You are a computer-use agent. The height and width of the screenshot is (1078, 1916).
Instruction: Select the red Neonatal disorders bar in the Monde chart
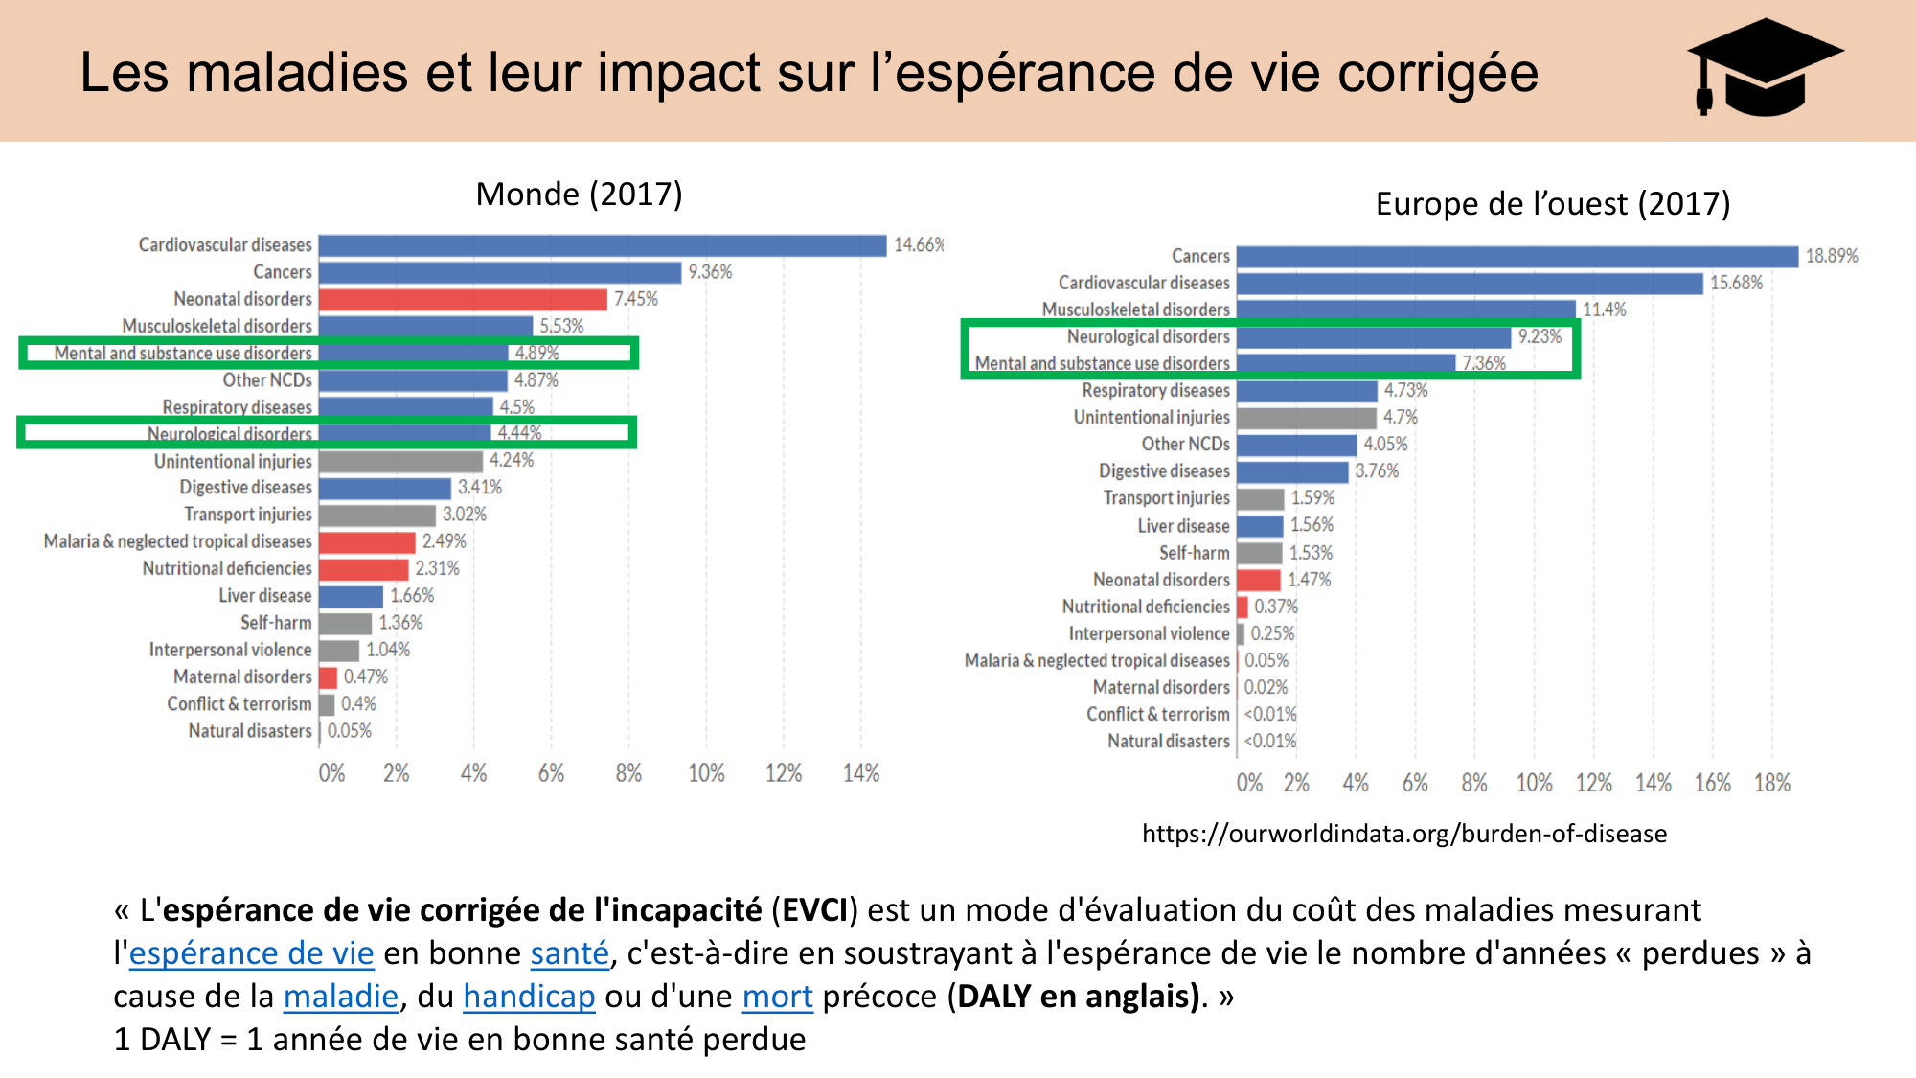click(463, 299)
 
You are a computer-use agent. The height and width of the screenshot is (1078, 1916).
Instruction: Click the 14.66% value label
click(917, 245)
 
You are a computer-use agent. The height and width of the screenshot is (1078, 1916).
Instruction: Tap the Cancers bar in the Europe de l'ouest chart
click(1517, 256)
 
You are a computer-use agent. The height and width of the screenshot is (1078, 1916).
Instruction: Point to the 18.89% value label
click(1831, 256)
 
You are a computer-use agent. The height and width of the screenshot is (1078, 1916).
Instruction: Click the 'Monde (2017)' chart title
click(579, 195)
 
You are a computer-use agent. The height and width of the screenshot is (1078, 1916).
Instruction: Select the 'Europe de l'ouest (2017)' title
click(1552, 204)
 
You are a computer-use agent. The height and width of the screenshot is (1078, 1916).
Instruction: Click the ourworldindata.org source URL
click(1403, 834)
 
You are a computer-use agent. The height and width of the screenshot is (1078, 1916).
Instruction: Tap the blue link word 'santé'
click(569, 953)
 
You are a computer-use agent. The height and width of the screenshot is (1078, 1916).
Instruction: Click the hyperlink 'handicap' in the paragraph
click(529, 997)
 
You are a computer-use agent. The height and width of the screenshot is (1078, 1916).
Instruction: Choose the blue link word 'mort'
click(777, 997)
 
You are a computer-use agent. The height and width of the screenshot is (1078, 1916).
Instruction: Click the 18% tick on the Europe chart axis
click(1771, 784)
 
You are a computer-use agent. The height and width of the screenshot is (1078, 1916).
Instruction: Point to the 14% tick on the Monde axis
click(860, 773)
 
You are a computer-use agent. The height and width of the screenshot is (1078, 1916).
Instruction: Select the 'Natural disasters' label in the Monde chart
click(250, 731)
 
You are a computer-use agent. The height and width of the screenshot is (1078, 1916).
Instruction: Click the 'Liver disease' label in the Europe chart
click(1183, 526)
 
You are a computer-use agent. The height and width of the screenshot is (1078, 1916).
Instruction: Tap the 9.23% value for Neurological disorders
click(1539, 336)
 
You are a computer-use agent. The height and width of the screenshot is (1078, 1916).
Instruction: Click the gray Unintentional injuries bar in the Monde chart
click(400, 461)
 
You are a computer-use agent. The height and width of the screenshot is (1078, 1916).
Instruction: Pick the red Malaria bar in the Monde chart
click(367, 542)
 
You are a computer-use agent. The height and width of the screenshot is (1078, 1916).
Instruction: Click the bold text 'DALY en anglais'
click(1077, 997)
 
